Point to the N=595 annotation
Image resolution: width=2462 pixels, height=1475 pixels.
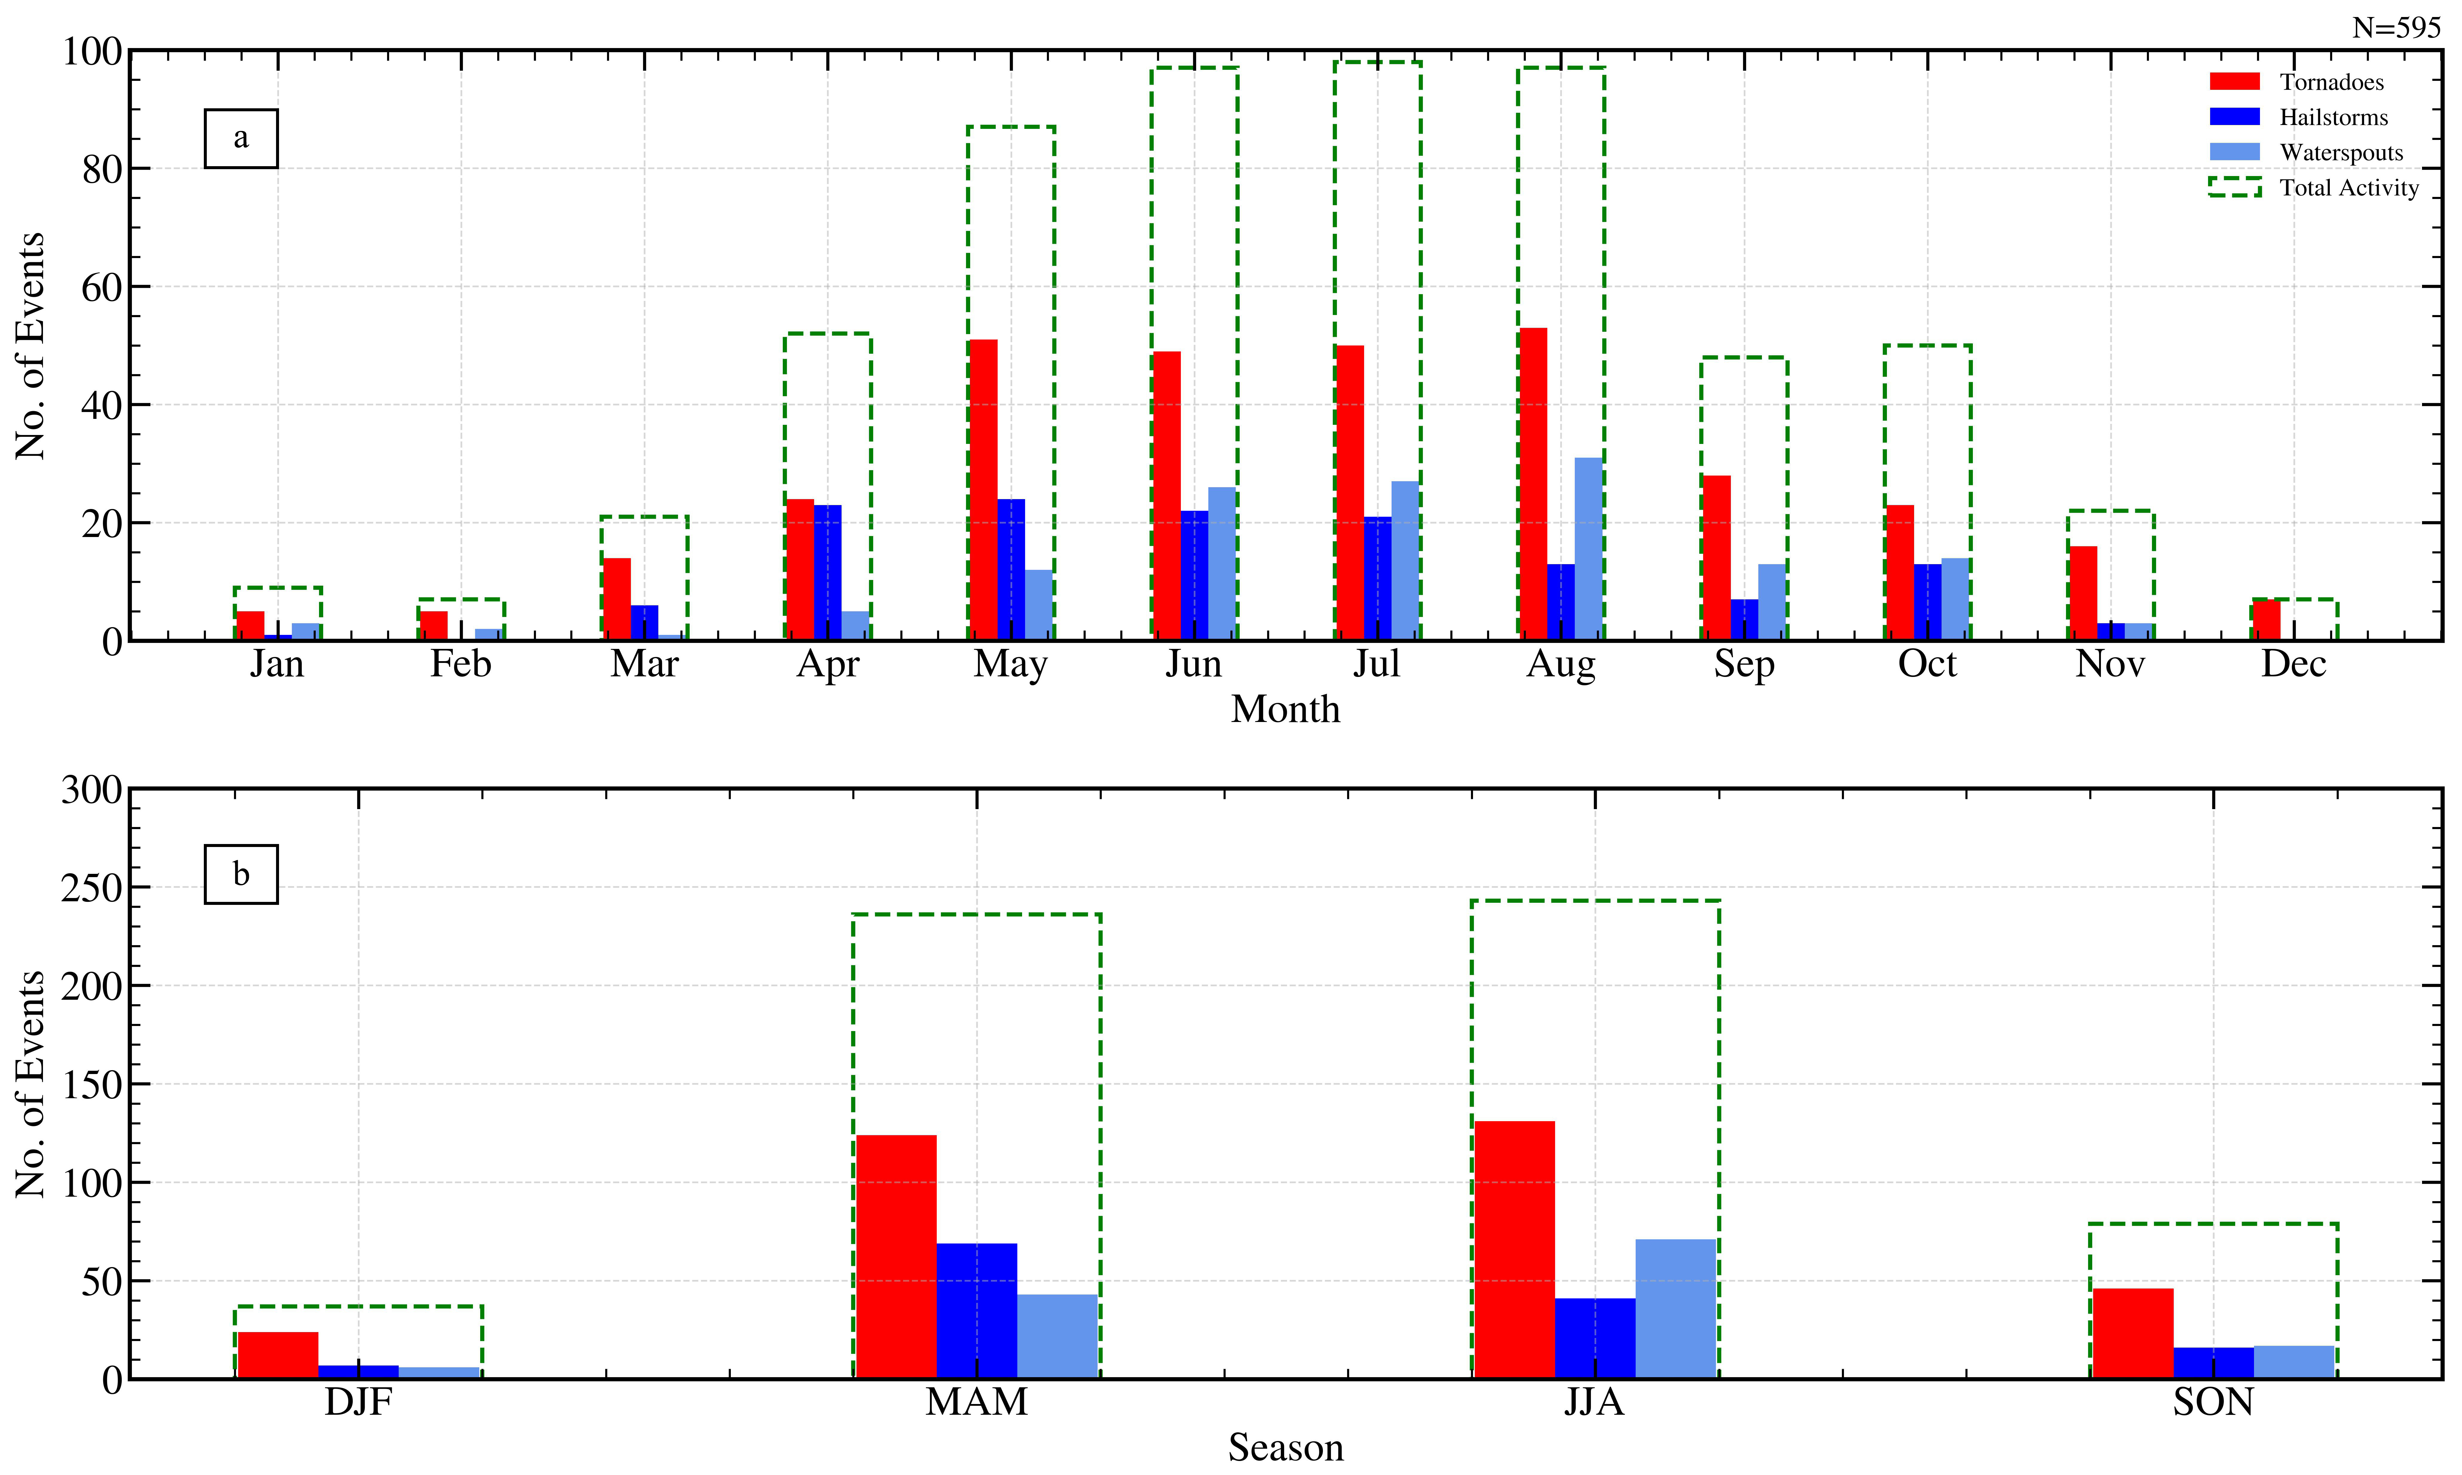click(2395, 28)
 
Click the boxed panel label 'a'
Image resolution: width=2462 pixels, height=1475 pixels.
click(241, 138)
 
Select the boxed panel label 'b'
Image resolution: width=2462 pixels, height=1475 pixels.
click(241, 875)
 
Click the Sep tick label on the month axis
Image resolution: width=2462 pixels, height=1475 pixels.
click(1743, 664)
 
